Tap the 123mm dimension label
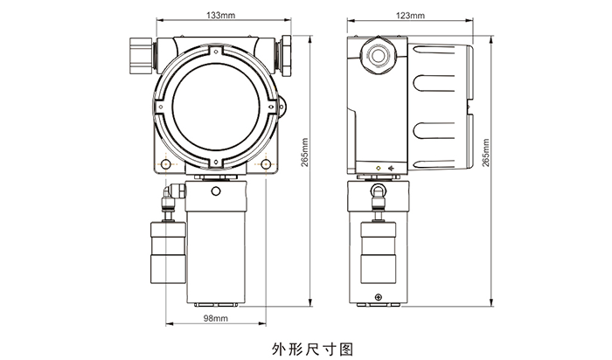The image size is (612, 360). click(x=410, y=16)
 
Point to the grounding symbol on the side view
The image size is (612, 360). click(x=391, y=168)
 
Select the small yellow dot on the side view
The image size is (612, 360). click(x=377, y=168)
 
